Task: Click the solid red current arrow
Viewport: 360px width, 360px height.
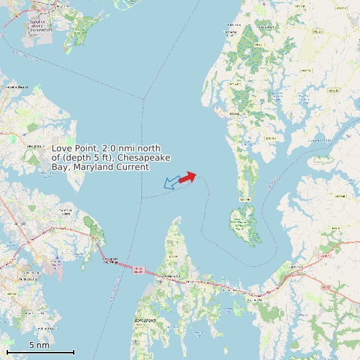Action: pyautogui.click(x=187, y=177)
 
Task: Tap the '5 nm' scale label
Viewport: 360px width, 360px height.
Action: pyautogui.click(x=39, y=345)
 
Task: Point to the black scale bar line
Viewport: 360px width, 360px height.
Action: pyautogui.click(x=40, y=352)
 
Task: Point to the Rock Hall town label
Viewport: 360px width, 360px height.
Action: pyautogui.click(x=234, y=114)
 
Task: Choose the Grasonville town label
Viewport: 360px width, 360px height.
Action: pyautogui.click(x=254, y=300)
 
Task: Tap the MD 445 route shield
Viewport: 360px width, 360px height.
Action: pyautogui.click(x=233, y=84)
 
